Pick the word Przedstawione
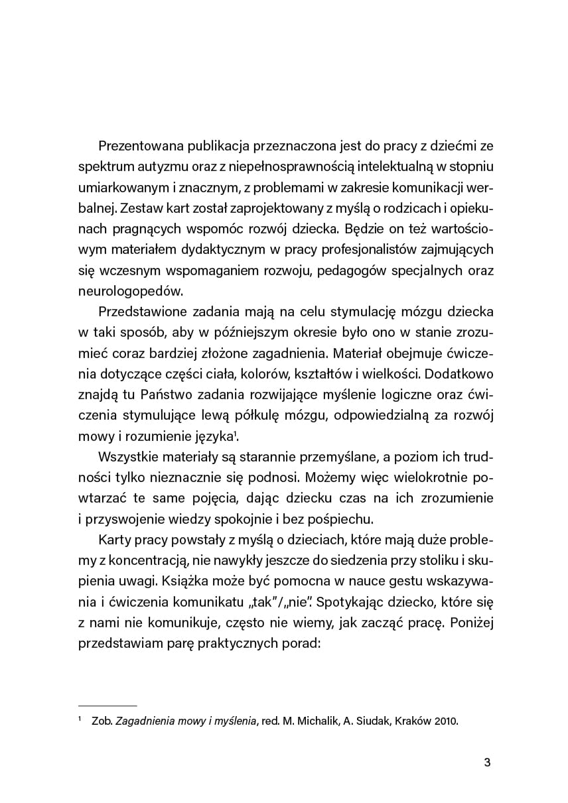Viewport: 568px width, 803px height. click(139, 312)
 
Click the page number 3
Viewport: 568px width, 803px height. click(487, 762)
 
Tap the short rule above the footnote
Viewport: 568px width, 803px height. click(107, 706)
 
